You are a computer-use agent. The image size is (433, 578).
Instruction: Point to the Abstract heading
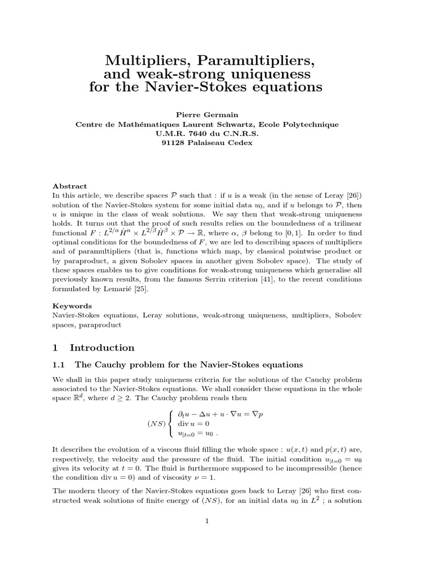(70, 186)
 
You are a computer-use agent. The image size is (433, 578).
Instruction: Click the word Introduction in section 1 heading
(102, 347)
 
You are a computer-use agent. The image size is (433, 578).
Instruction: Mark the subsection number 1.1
(60, 365)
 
